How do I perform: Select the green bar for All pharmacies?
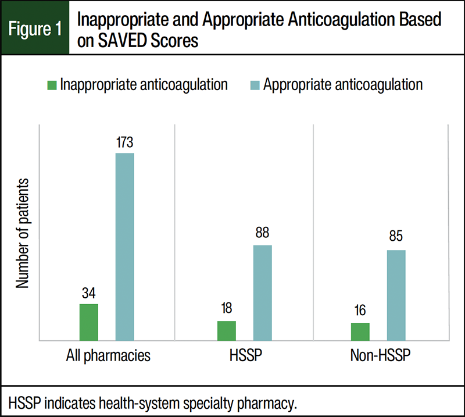click(x=88, y=322)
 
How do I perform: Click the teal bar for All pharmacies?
click(x=124, y=247)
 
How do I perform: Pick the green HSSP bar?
click(x=226, y=330)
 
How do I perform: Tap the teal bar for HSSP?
click(x=262, y=293)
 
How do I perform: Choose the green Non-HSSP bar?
click(x=360, y=332)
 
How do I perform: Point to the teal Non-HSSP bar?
click(x=396, y=295)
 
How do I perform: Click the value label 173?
click(x=124, y=142)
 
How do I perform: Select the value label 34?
click(x=88, y=293)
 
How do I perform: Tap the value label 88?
click(x=262, y=234)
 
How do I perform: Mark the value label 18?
click(x=226, y=309)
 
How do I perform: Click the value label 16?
click(x=360, y=311)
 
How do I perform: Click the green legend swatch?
click(x=51, y=85)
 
